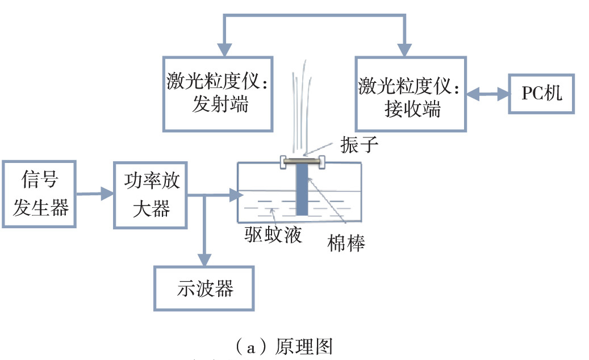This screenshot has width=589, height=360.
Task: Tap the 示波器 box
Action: (x=203, y=288)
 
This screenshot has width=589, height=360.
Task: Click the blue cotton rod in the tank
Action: (x=302, y=190)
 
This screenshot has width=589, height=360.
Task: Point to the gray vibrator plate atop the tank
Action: (x=302, y=161)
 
